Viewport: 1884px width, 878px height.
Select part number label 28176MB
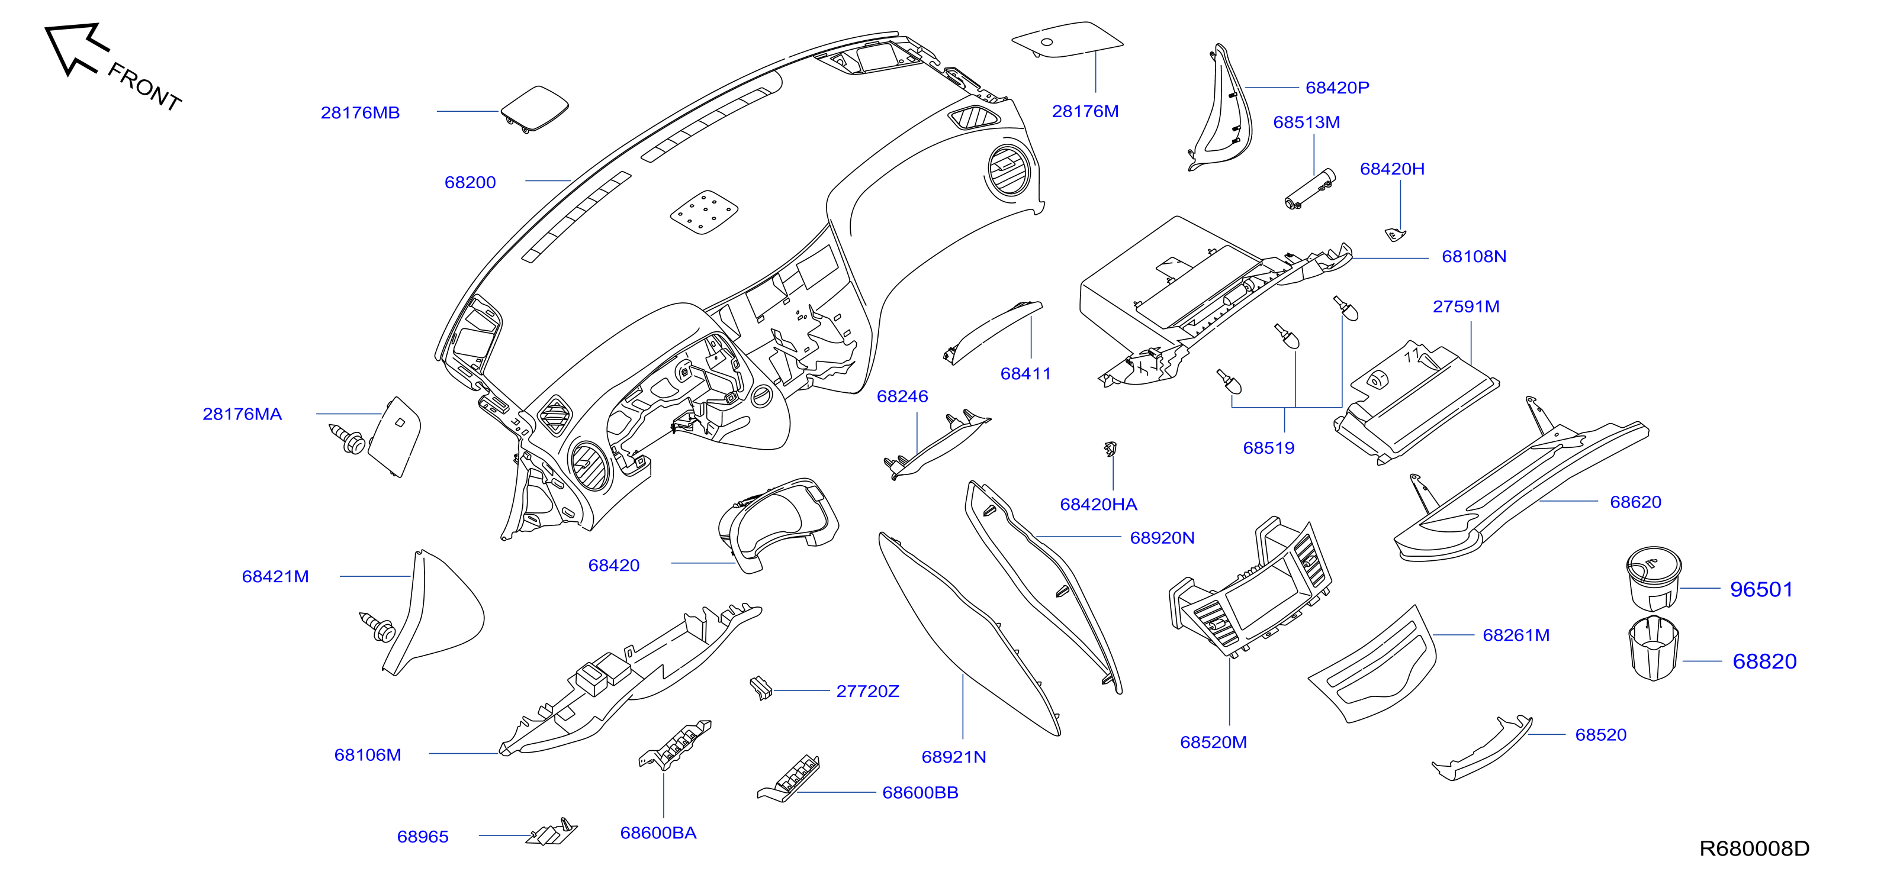[x=360, y=112]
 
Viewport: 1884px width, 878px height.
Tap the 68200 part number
[x=470, y=182]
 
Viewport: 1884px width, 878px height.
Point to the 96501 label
[x=1761, y=589]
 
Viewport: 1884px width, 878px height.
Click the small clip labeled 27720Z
[x=761, y=688]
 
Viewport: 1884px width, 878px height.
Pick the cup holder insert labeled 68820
[x=1654, y=648]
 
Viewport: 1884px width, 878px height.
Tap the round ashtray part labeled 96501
[x=1654, y=579]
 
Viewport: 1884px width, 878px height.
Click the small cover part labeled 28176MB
[x=535, y=109]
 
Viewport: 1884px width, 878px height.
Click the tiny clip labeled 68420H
[x=1396, y=235]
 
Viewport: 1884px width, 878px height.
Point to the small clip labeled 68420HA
[x=1110, y=448]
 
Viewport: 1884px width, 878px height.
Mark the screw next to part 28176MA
[x=348, y=438]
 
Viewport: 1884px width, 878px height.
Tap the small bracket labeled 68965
[x=552, y=832]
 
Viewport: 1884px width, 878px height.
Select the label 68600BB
[x=920, y=792]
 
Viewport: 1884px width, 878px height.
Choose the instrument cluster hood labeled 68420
[x=778, y=524]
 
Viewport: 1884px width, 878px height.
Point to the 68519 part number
[x=1269, y=448]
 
